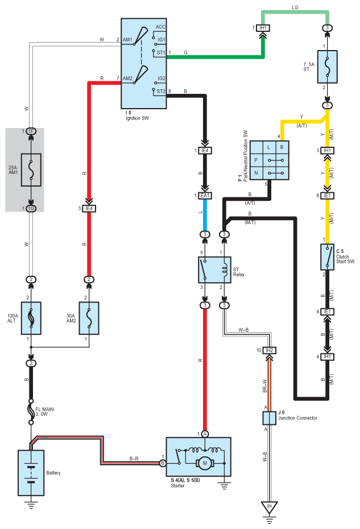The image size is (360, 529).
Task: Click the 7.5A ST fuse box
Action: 327,67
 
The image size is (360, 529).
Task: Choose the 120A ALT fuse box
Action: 32,316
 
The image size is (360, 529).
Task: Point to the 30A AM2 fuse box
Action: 89,316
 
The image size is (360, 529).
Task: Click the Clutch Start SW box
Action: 327,257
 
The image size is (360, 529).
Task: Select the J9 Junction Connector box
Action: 269,418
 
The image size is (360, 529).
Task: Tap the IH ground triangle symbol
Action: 269,506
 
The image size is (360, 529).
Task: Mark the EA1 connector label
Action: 205,196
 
